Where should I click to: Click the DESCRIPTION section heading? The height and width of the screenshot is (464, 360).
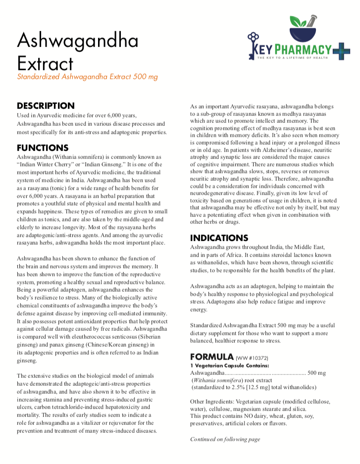click(46, 105)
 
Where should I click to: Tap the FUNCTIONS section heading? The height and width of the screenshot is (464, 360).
click(43, 148)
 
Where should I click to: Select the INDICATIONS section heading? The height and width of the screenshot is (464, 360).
click(219, 238)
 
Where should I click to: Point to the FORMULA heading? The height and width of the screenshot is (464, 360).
click(211, 357)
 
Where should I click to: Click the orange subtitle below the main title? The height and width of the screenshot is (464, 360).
click(87, 77)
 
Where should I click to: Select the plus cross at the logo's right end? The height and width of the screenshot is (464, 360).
click(342, 50)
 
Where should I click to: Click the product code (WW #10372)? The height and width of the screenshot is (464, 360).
click(252, 358)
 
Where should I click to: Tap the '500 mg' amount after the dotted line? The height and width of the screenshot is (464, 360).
click(317, 372)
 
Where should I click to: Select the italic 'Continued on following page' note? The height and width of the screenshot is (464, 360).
click(225, 439)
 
